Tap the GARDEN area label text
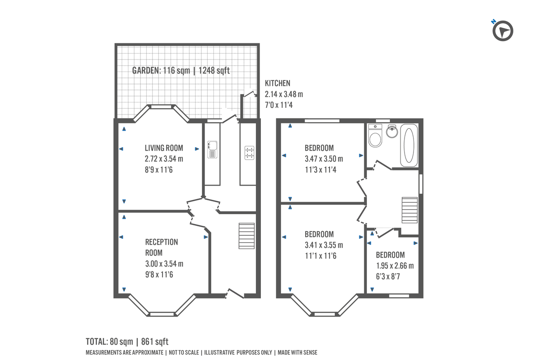coord(181,70)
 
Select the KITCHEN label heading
coord(277,83)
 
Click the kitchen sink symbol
coord(212,149)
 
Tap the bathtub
coord(409,146)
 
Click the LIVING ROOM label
coord(164,148)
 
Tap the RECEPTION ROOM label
coord(162,247)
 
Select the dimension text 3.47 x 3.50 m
coord(324,159)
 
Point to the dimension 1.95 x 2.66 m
coord(395,266)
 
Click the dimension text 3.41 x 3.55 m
coord(324,245)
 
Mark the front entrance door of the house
coord(234,294)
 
